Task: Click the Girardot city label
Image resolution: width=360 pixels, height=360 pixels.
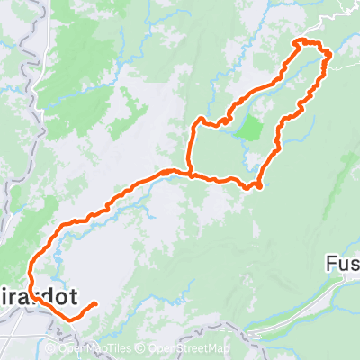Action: (36, 296)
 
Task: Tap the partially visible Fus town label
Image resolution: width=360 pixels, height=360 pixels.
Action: (343, 265)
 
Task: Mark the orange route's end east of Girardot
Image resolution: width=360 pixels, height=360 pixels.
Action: (94, 305)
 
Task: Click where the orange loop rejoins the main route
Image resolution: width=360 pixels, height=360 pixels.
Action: (190, 172)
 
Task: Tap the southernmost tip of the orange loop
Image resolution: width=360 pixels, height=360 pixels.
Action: (258, 186)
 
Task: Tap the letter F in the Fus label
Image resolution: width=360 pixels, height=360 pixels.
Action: (330, 265)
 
